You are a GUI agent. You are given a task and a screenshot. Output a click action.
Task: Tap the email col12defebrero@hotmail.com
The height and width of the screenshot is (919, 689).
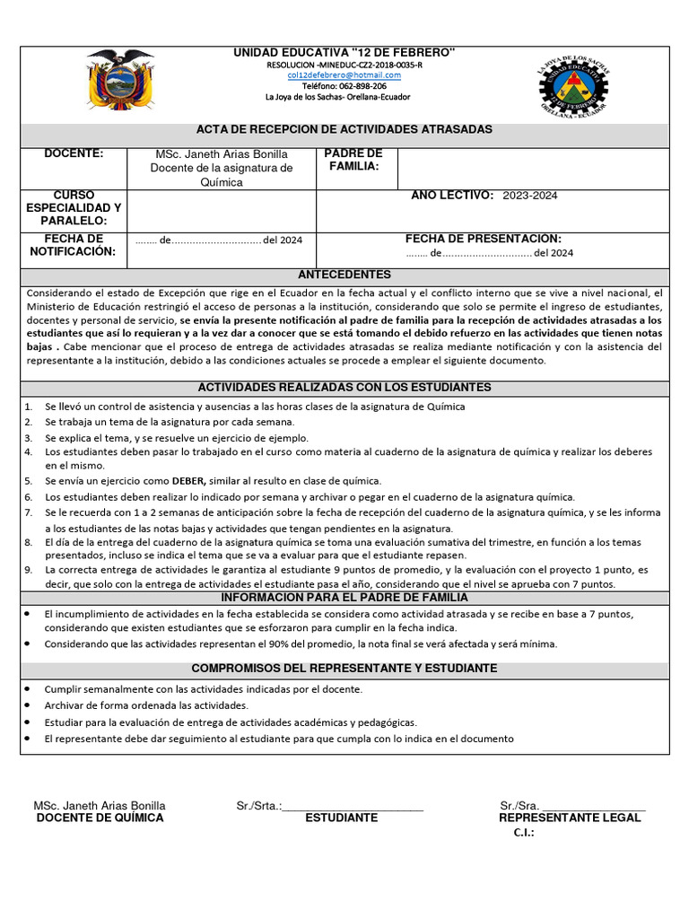pyautogui.click(x=344, y=76)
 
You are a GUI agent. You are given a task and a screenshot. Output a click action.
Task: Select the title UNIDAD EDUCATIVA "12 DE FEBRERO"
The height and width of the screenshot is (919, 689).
pyautogui.click(x=344, y=55)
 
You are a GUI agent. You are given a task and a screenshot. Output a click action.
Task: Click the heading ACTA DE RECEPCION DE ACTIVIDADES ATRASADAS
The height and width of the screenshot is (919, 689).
pyautogui.click(x=344, y=130)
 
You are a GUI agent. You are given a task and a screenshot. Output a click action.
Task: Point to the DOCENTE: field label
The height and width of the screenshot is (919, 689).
pyautogui.click(x=74, y=154)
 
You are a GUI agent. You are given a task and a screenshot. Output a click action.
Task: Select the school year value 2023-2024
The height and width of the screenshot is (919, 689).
pyautogui.click(x=530, y=196)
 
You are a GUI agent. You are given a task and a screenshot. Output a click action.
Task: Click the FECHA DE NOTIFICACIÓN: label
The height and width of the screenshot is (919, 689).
pyautogui.click(x=74, y=245)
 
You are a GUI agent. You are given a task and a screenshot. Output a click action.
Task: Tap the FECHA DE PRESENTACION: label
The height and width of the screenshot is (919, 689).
pyautogui.click(x=484, y=239)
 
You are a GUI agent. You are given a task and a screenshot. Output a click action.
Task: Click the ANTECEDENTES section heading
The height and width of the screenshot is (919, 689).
pyautogui.click(x=344, y=275)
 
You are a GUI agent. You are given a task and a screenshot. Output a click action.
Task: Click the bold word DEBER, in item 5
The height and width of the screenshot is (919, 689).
pyautogui.click(x=189, y=481)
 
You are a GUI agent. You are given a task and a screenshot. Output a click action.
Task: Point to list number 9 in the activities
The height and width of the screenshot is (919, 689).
pyautogui.click(x=28, y=570)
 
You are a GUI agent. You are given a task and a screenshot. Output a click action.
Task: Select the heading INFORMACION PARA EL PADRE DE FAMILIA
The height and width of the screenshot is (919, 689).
pyautogui.click(x=344, y=598)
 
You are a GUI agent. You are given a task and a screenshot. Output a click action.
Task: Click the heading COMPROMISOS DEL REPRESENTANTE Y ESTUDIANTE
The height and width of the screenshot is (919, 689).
pyautogui.click(x=344, y=670)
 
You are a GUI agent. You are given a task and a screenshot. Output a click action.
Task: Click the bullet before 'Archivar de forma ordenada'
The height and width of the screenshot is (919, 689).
pyautogui.click(x=28, y=706)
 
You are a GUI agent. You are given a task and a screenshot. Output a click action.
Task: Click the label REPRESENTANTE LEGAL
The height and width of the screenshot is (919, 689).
pyautogui.click(x=570, y=818)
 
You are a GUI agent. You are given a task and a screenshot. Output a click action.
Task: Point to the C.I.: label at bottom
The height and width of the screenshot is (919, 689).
pyautogui.click(x=524, y=834)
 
